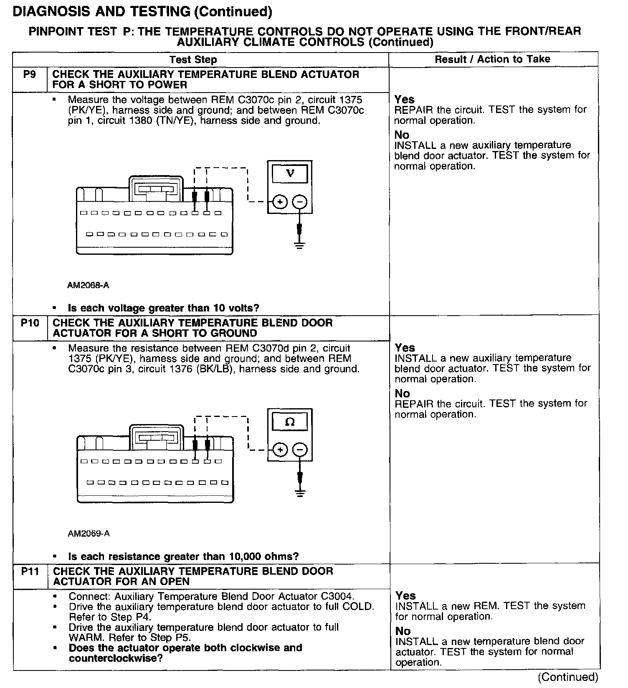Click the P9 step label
point(30,75)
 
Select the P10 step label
point(30,323)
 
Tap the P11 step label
point(30,571)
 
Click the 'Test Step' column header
point(193,60)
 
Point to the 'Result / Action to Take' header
point(493,59)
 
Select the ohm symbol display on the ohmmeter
point(290,422)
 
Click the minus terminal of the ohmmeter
point(300,450)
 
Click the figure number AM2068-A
point(88,286)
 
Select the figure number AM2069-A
point(89,534)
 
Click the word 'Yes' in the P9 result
point(405,99)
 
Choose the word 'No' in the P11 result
point(403,631)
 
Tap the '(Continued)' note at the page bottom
point(568,677)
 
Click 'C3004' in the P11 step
point(334,596)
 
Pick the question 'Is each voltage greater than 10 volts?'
point(164,309)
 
